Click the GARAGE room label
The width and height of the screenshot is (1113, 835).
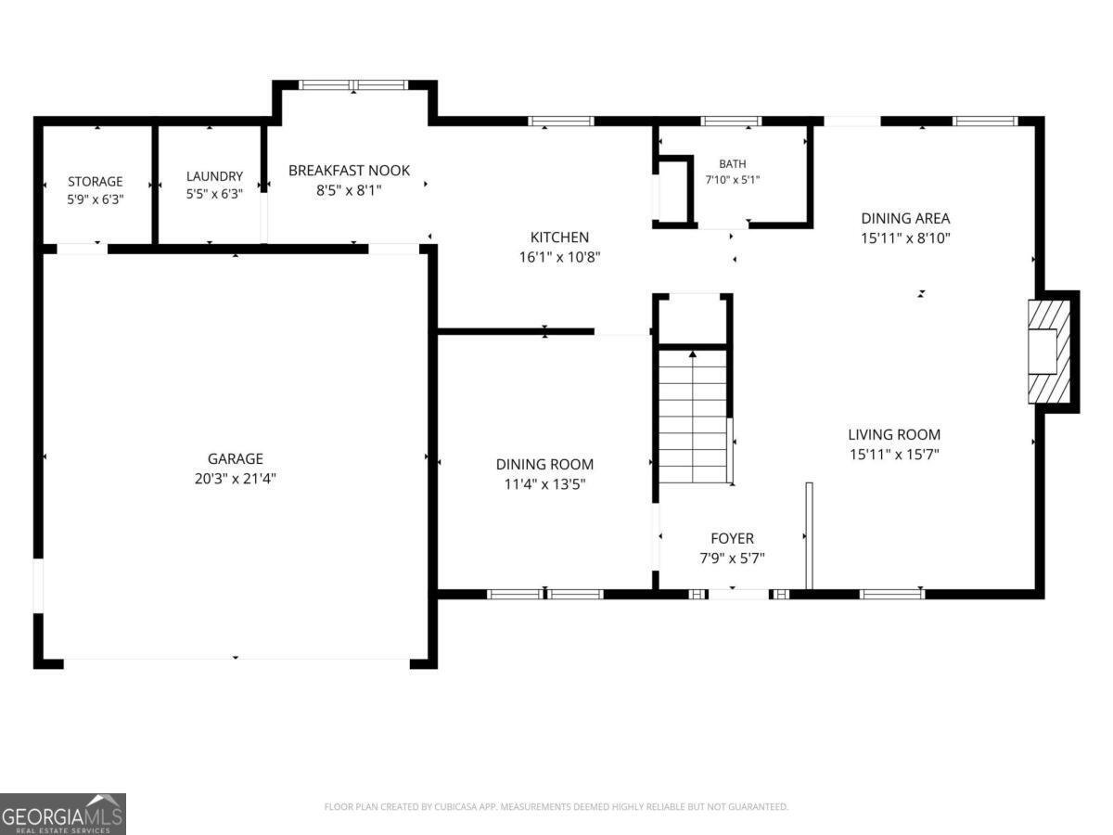coord(236,459)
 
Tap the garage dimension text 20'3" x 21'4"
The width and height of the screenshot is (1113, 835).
coord(236,479)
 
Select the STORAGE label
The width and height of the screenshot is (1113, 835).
coord(96,182)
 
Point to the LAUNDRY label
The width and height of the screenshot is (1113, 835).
coord(214,176)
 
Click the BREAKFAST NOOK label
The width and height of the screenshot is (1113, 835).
coord(349,171)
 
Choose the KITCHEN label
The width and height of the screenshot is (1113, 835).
coord(560,238)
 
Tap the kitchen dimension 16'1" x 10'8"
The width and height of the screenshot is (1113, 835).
coord(560,258)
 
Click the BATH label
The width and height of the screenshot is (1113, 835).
coord(733,164)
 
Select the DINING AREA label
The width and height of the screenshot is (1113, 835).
coord(905,219)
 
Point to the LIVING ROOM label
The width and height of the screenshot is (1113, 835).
coord(894,434)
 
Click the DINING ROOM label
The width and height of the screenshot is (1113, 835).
coord(545,465)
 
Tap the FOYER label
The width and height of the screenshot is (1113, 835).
coord(732,538)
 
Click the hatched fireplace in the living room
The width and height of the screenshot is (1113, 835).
coord(1050,352)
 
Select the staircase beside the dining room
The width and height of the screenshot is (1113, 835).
coord(693,417)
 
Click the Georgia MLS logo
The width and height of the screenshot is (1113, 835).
coord(63,814)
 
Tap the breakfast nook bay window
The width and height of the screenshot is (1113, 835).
coord(353,85)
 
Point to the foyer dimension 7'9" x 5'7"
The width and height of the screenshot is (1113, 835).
coord(732,559)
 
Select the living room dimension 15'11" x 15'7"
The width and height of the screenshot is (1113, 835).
coord(894,455)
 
